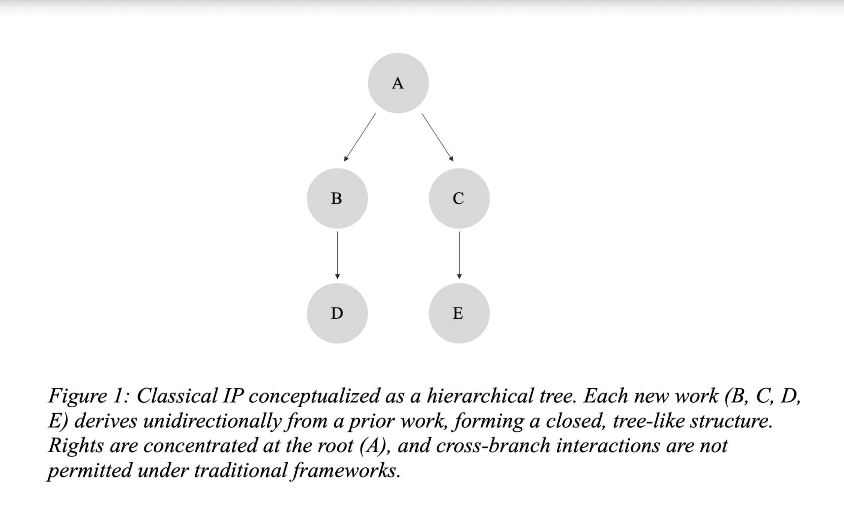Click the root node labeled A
coord(398,83)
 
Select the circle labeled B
coord(337,198)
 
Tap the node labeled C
coord(459,198)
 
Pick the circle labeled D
coord(337,313)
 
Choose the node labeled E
coord(459,313)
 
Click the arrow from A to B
coord(360,137)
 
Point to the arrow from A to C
coord(438,137)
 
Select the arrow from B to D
coord(337,255)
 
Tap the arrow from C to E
coord(459,255)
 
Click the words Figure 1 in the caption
coord(89,396)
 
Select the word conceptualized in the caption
coord(314,396)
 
